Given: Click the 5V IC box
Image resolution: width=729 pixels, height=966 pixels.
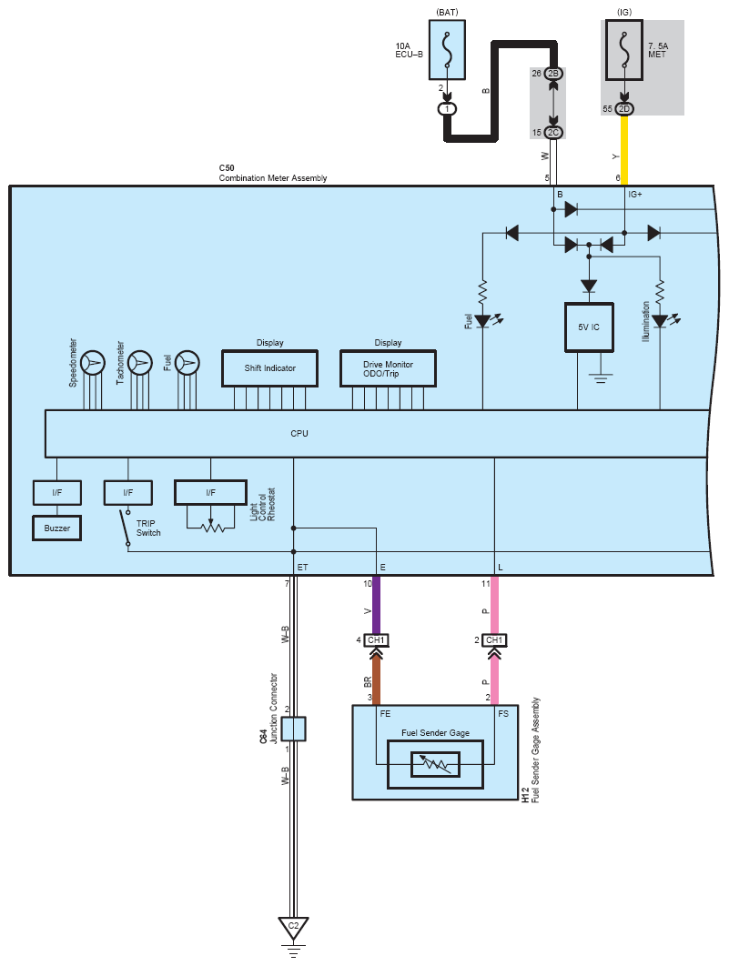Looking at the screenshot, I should tap(589, 327).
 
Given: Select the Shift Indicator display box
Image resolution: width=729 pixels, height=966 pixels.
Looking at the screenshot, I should tap(269, 368).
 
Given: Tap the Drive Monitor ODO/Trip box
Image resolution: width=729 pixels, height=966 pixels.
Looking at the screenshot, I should tap(388, 368).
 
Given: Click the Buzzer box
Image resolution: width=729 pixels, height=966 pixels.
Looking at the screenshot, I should tap(56, 528).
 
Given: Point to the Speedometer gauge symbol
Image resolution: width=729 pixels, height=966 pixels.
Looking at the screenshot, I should tap(93, 363).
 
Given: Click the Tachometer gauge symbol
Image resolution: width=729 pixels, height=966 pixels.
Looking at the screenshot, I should tap(140, 363).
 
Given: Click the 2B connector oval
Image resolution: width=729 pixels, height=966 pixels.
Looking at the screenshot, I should tap(553, 74).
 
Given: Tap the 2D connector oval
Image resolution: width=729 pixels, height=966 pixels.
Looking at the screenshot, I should tap(623, 109).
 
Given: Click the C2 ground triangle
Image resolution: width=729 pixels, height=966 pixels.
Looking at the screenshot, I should tap(293, 927).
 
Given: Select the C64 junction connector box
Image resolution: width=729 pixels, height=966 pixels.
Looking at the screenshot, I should tap(293, 729).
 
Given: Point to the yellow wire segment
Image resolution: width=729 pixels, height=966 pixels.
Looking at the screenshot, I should tap(624, 146).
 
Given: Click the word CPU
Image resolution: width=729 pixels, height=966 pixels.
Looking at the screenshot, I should tap(299, 434).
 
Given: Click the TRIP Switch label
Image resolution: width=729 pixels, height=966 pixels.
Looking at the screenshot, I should tap(148, 528).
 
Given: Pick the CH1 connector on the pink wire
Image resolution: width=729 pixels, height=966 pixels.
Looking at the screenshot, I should tap(494, 640).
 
